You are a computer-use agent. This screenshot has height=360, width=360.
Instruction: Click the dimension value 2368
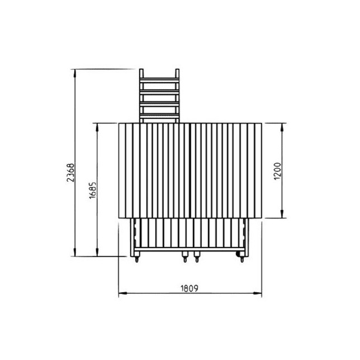(x=70, y=173)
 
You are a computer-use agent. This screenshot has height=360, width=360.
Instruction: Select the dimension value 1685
(x=93, y=190)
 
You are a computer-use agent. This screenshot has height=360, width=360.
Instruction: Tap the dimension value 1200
(x=278, y=171)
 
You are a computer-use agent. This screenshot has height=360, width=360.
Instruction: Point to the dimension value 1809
(x=190, y=288)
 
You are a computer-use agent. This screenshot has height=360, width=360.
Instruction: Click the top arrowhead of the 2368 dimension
(x=74, y=73)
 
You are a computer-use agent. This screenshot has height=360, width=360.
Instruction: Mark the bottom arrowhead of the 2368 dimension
(x=74, y=252)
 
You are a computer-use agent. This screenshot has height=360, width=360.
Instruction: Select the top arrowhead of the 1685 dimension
(x=97, y=127)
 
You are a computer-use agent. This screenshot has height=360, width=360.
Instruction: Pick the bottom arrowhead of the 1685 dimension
(x=97, y=252)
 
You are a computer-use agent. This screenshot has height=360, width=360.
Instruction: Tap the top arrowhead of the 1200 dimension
(x=282, y=127)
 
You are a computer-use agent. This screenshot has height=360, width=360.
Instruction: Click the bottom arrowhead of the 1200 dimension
(x=282, y=214)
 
